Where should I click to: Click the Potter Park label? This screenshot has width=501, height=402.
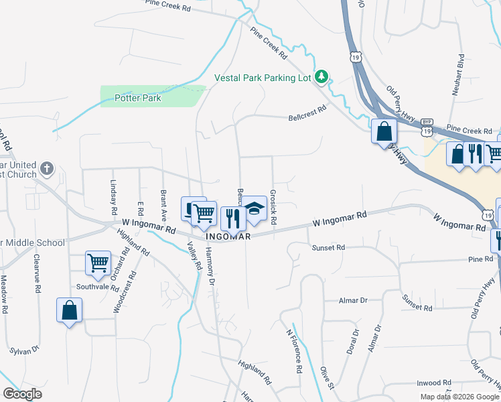pos(137,98)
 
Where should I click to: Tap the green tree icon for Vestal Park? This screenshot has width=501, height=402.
pos(322,78)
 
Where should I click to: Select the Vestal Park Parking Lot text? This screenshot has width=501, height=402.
pos(263,78)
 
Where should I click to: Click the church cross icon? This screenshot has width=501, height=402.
pos(46,168)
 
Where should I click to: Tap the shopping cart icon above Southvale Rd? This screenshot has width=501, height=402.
pos(98,263)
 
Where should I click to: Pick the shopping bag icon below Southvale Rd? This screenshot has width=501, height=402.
pos(70,310)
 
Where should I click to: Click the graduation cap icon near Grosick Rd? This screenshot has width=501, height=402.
pos(255,209)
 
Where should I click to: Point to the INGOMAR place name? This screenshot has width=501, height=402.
pos(228,237)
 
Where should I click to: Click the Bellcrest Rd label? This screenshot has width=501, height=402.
pos(307,111)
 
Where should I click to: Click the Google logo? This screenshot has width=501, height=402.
pos(21,394)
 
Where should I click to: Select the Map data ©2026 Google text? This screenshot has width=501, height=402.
pos(459,397)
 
